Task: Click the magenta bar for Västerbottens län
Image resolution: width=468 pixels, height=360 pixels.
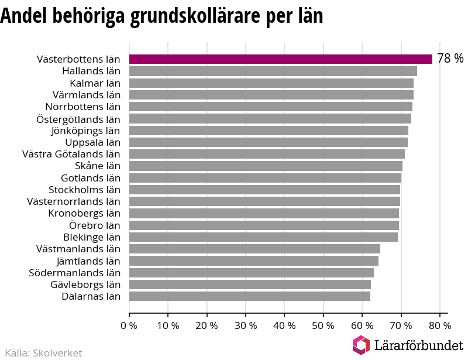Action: click(x=281, y=59)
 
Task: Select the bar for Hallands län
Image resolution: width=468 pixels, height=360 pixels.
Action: click(x=273, y=71)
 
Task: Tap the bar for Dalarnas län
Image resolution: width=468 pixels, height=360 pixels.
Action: click(x=250, y=296)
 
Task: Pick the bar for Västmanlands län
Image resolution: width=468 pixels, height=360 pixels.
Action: click(x=254, y=249)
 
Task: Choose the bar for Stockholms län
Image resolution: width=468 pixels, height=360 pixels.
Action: click(x=264, y=190)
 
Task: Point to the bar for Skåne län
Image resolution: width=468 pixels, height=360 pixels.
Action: click(x=266, y=166)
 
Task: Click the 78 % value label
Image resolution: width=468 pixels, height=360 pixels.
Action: click(x=450, y=59)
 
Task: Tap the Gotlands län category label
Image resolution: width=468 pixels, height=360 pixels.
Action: click(x=91, y=178)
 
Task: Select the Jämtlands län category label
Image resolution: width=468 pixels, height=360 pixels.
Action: click(x=88, y=262)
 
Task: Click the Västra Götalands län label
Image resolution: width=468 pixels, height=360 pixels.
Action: click(x=71, y=154)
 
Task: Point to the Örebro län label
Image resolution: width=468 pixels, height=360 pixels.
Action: click(x=95, y=225)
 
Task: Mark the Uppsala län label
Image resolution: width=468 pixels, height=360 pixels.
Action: click(x=93, y=143)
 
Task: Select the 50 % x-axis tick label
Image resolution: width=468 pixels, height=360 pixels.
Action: click(x=323, y=325)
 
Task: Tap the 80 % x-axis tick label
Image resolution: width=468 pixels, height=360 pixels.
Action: click(x=440, y=325)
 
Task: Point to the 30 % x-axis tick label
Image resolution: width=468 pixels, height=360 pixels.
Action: click(x=246, y=325)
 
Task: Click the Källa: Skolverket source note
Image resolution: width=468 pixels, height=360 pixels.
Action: click(x=43, y=353)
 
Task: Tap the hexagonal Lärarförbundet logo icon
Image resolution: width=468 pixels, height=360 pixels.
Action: click(x=361, y=345)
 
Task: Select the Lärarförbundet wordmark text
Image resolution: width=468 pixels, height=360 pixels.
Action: click(x=419, y=345)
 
